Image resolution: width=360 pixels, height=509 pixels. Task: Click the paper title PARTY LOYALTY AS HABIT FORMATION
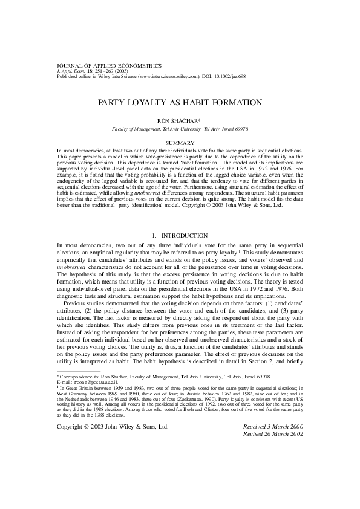click(x=180, y=103)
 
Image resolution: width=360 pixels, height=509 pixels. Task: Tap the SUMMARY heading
click(x=179, y=143)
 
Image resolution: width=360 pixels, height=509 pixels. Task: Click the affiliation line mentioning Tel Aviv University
click(x=180, y=129)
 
